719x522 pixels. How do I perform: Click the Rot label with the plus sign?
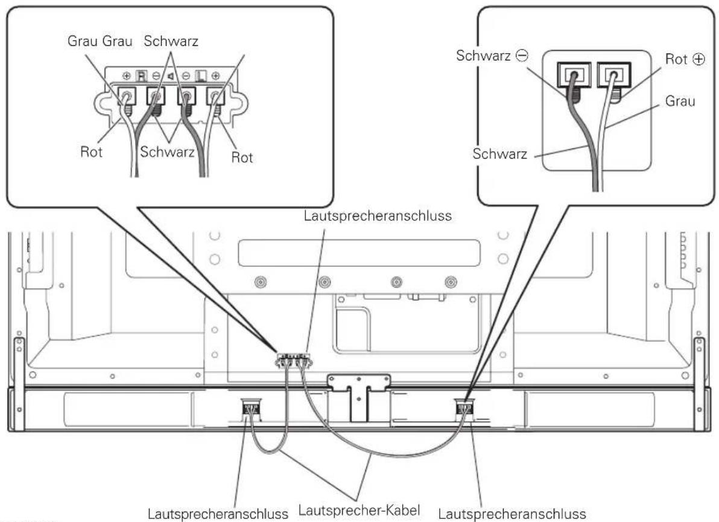[x=685, y=59]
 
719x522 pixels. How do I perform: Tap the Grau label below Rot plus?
[x=680, y=101]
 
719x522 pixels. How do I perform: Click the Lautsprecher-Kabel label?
[x=359, y=510]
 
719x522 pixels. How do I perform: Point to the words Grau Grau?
[x=100, y=41]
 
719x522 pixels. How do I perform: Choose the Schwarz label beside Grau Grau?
[x=171, y=41]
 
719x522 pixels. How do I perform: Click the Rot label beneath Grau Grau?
[x=91, y=151]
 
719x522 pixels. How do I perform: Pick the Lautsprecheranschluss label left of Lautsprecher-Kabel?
[x=218, y=514]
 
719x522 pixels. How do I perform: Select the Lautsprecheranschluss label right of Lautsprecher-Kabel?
[x=512, y=514]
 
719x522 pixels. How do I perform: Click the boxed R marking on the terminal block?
[x=142, y=75]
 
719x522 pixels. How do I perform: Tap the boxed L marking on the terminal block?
[x=201, y=75]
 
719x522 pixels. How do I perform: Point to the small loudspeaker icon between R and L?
[x=171, y=75]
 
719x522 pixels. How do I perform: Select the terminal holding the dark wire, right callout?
[x=574, y=75]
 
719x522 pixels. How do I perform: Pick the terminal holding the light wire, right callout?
[x=613, y=75]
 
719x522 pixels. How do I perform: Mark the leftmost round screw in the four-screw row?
[x=261, y=282]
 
